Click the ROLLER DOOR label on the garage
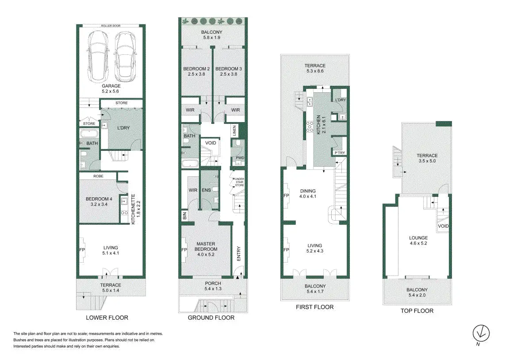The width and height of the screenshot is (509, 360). point(111,26)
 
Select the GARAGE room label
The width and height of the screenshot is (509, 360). point(111,86)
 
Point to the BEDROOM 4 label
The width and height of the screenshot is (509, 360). point(99,199)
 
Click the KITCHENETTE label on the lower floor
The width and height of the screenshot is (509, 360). point(133,209)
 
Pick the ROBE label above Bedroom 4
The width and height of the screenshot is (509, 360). point(98,176)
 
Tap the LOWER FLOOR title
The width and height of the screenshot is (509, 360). point(107,318)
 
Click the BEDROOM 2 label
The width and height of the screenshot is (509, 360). point(196,69)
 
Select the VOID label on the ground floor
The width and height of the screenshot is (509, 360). point(210,143)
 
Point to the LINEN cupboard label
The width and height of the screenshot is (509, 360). point(234,131)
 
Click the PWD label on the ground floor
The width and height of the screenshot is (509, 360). point(240,158)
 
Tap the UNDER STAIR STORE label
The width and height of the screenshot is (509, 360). point(240,182)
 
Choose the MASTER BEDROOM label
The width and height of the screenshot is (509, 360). point(206,246)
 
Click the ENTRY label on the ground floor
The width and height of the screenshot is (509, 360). point(239,253)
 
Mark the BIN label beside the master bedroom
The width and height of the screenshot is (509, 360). point(185,215)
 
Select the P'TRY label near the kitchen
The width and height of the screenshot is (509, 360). point(340,153)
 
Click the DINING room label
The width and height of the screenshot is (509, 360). point(308,191)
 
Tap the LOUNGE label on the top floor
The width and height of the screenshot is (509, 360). point(418,237)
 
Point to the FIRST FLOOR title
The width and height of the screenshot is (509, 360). point(314,307)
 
